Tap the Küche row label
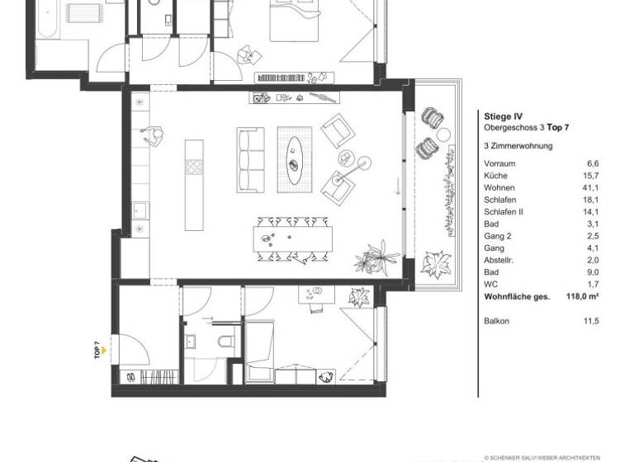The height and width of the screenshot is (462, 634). click(x=495, y=176)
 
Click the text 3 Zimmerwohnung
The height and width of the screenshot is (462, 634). click(x=517, y=145)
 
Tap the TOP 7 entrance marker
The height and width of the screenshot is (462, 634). click(x=98, y=351)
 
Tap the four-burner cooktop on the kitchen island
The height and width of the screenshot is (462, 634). click(x=195, y=166)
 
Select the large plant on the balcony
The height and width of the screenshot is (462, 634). click(x=433, y=265)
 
